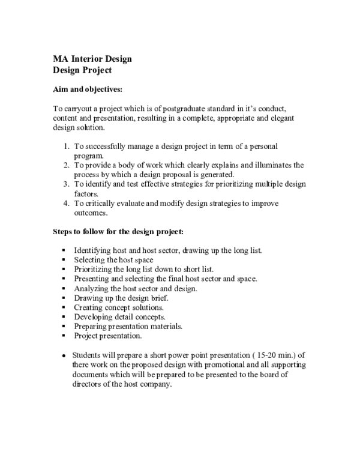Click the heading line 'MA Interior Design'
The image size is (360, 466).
pyautogui.click(x=92, y=59)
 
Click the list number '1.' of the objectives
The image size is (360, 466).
pyautogui.click(x=67, y=146)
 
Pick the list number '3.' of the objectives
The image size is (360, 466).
pyautogui.click(x=67, y=184)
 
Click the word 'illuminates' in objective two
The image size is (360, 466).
pyautogui.click(x=269, y=165)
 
